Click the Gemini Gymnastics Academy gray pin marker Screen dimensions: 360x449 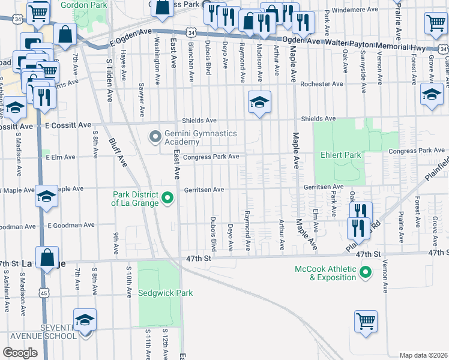click(x=155, y=137)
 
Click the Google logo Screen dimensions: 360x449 click(x=20, y=353)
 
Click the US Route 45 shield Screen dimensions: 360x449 click(x=44, y=293)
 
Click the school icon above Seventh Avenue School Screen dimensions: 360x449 click(x=85, y=320)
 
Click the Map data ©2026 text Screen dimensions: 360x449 click(x=423, y=355)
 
